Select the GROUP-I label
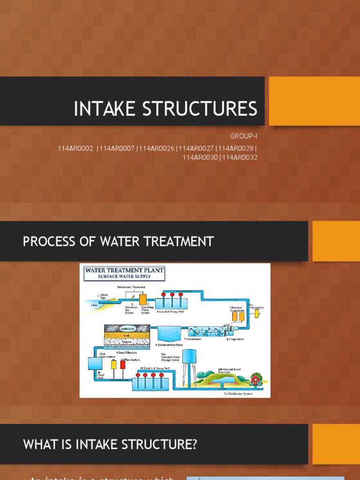(243, 136)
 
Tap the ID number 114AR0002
(75, 149)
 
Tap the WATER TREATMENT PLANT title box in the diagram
(124, 273)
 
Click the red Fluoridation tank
(123, 364)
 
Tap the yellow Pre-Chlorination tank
(257, 313)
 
